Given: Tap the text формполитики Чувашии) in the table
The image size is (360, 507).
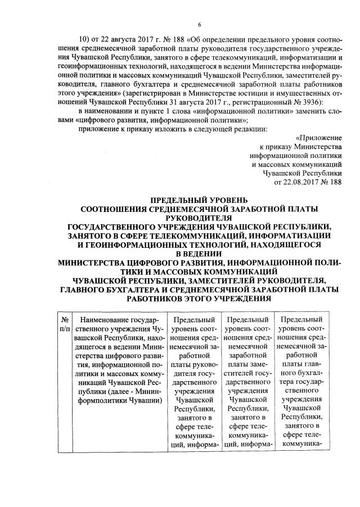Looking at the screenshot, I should coord(121,400).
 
